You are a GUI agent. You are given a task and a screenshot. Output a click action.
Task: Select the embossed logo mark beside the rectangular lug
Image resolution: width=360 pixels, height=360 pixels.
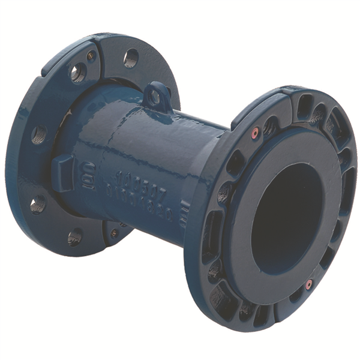tap(88, 175)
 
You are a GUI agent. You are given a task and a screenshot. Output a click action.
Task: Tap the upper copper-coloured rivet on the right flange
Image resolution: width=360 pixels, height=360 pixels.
tap(255, 131)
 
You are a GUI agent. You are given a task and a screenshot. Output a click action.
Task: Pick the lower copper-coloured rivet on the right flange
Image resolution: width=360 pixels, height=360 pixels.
tap(309, 284)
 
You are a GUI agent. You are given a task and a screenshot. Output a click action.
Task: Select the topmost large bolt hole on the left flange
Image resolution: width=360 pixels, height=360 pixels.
tap(131, 58)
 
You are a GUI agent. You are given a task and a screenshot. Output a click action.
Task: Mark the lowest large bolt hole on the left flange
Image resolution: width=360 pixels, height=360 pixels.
tap(75, 237)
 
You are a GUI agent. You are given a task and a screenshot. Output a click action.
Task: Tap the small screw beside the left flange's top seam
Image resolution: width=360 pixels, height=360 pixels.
tap(91, 56)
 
